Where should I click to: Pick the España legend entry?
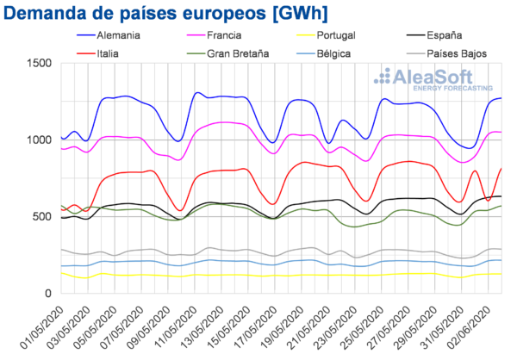[444, 36]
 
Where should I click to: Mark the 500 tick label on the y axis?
[40, 216]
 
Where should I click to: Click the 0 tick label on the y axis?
[47, 293]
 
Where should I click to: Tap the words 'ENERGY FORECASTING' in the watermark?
[453, 88]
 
